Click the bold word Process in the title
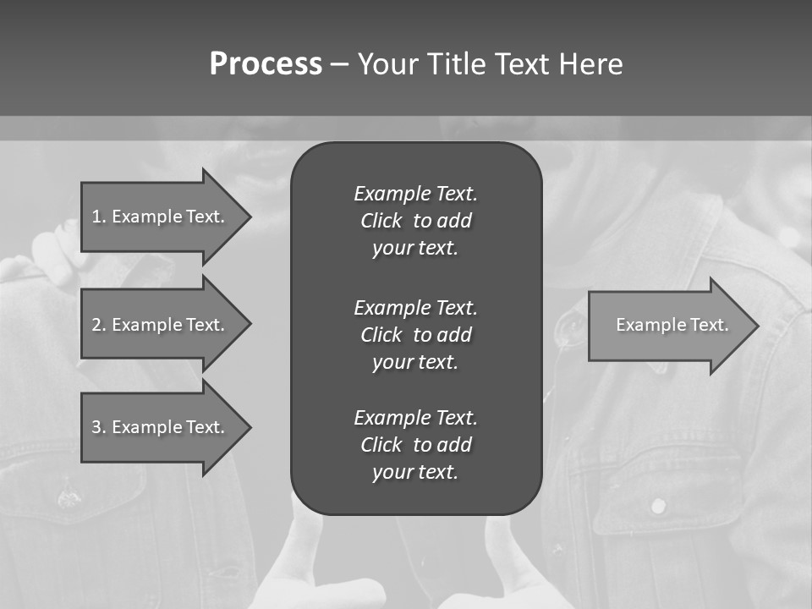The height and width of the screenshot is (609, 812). coord(266,64)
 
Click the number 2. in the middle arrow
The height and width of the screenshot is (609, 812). coord(99,325)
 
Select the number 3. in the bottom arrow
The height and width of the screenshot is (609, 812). coord(99,427)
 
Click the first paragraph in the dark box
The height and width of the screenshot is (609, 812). coord(415,221)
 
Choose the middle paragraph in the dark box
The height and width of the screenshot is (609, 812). coord(415,334)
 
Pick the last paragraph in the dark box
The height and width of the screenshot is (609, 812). coord(415,445)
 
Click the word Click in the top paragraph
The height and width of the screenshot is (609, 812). coord(381,221)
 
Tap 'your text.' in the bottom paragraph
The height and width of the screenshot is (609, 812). coord(415,472)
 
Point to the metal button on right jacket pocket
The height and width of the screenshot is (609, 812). coord(657,506)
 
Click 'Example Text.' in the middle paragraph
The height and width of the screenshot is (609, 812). coord(415,307)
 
